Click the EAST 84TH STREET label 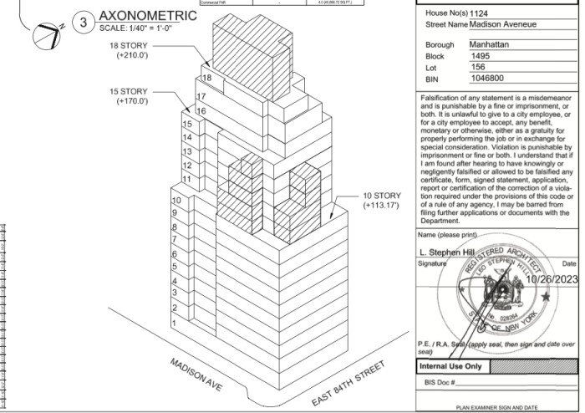[x=348, y=384]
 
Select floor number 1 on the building [x=174, y=323]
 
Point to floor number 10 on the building [x=176, y=201]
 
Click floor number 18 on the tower [x=206, y=77]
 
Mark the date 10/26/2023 [x=547, y=278]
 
